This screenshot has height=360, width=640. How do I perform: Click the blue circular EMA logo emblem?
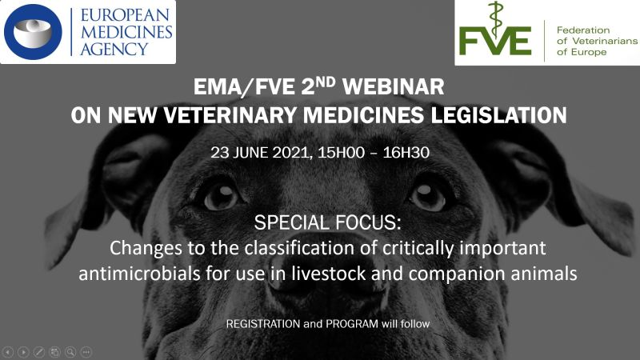click(x=33, y=32)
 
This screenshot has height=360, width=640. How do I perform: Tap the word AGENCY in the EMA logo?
click(x=114, y=49)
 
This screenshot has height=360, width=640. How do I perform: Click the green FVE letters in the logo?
click(x=494, y=41)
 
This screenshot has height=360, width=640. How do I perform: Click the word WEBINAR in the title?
click(x=393, y=86)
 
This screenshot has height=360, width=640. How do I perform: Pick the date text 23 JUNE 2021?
click(x=259, y=153)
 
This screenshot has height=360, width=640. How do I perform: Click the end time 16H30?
click(x=406, y=153)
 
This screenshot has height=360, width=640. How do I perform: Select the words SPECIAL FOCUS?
click(x=327, y=223)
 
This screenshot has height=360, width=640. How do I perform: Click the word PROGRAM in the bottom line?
click(x=352, y=324)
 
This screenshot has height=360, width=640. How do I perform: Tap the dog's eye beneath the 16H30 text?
click(x=427, y=196)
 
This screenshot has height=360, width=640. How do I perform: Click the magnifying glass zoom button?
click(x=70, y=352)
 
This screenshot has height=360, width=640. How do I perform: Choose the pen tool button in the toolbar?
click(x=39, y=352)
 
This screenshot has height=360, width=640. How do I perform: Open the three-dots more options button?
click(x=86, y=352)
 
